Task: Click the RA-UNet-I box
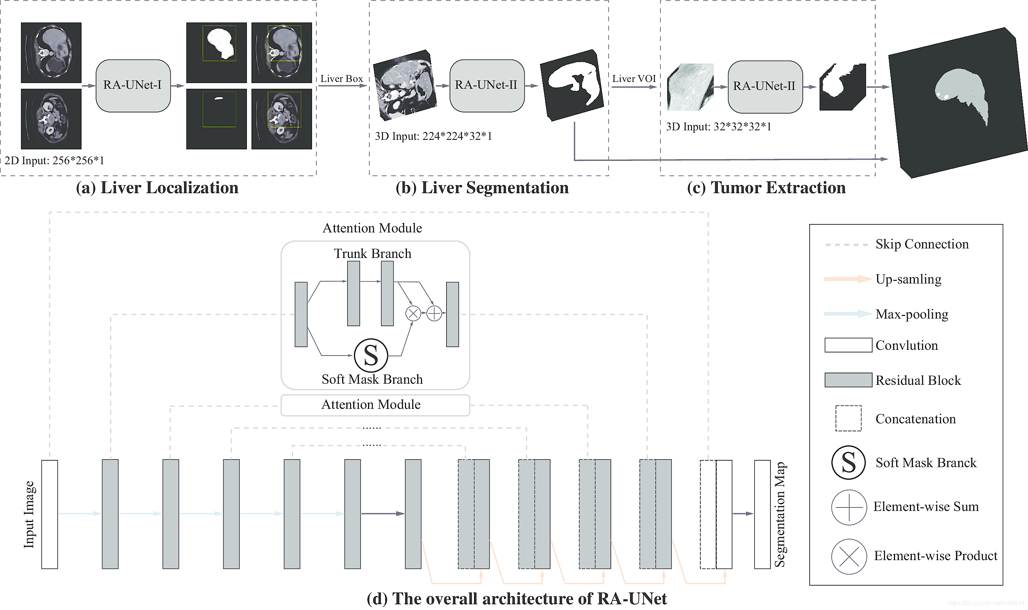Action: pos(133,85)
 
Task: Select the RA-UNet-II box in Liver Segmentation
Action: pos(487,85)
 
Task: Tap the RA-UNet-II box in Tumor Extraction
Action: pos(765,87)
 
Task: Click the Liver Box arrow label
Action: pos(341,78)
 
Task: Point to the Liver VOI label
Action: pos(634,78)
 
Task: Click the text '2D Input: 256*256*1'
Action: pos(54,161)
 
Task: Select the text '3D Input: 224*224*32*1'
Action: pos(433,136)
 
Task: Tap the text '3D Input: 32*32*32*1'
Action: pos(718,126)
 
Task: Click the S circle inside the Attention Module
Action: pos(371,355)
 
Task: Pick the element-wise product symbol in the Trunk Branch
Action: pos(413,313)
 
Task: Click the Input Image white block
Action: pos(50,514)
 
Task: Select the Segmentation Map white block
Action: pos(762,514)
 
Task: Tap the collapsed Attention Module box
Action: pos(375,405)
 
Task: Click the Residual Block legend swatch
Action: pos(848,380)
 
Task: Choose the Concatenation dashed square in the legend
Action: pos(848,418)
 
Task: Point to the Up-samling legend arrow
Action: pos(847,279)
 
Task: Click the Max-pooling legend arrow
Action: pos(847,314)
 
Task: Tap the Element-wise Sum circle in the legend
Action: pos(849,507)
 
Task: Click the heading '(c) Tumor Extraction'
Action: pos(766,188)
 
